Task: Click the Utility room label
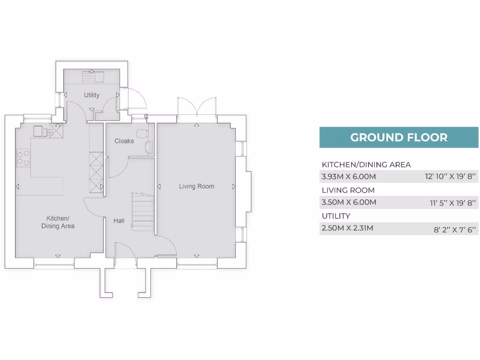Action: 91,95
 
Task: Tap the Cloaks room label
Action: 124,141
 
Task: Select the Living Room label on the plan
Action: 196,187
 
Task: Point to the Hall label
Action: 119,220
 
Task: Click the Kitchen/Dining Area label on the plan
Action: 58,222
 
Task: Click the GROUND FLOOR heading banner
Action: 398,137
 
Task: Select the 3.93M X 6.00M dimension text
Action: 349,177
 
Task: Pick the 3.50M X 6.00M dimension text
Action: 349,202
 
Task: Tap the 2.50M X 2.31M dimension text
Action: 347,228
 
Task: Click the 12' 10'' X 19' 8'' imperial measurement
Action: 450,177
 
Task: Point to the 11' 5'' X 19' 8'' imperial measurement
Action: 453,203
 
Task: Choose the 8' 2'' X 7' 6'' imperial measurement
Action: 455,229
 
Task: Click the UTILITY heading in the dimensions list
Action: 336,216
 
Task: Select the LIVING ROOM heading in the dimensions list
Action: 348,190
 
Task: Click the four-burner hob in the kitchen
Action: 23,157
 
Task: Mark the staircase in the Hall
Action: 143,212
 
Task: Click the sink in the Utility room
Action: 93,76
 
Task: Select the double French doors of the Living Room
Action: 196,107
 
